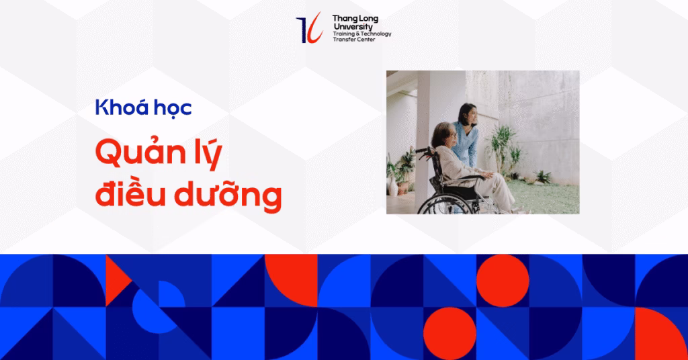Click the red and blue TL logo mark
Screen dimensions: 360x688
pos(309,28)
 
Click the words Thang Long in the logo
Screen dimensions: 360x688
pos(355,19)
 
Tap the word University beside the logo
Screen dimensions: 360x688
pos(352,27)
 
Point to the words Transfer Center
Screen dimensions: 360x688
pos(354,40)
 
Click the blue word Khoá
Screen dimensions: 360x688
pos(120,107)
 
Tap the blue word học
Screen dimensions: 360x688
pos(172,108)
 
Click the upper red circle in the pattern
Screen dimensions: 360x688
pos(503,281)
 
